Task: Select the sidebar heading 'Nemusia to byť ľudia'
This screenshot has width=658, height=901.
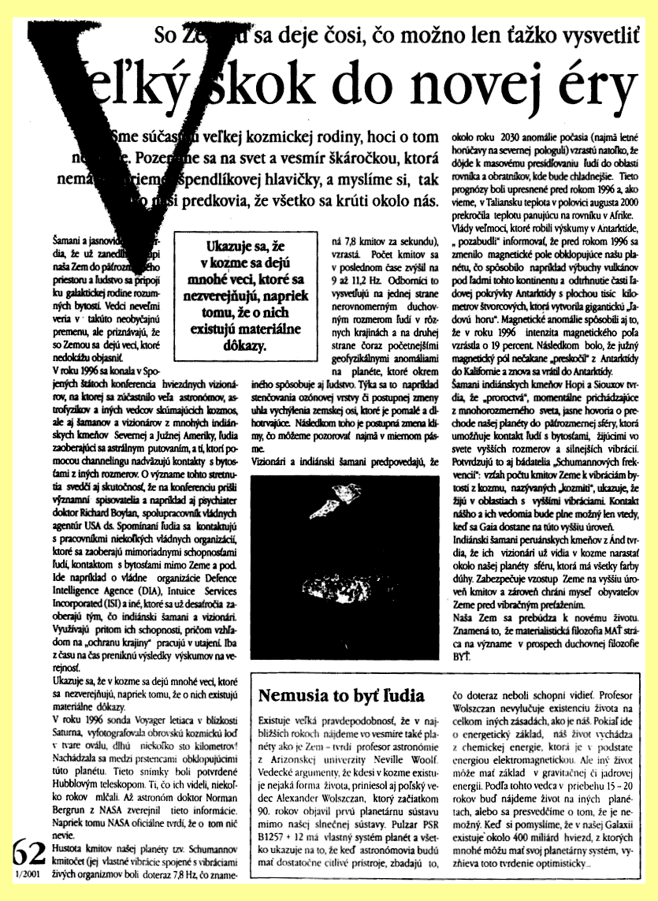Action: coord(341,697)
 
